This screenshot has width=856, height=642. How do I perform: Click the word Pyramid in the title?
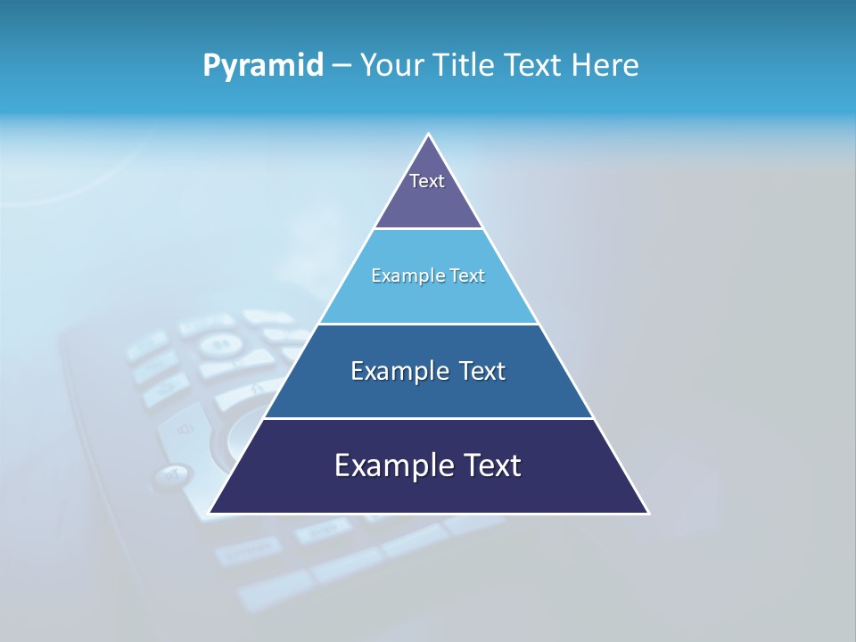point(263,66)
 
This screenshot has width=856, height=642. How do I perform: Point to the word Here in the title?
point(605,66)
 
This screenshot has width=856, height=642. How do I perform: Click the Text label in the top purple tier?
point(427,181)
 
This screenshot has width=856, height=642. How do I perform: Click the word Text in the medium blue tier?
point(482,371)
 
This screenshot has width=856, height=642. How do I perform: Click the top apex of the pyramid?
point(429,135)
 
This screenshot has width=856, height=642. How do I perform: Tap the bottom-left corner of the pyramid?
point(210,513)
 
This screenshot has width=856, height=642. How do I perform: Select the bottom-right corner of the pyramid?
point(648,513)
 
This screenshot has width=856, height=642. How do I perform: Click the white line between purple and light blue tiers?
point(429,229)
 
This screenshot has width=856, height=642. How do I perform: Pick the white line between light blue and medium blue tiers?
point(429,324)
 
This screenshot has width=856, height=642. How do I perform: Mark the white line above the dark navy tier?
point(429,418)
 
